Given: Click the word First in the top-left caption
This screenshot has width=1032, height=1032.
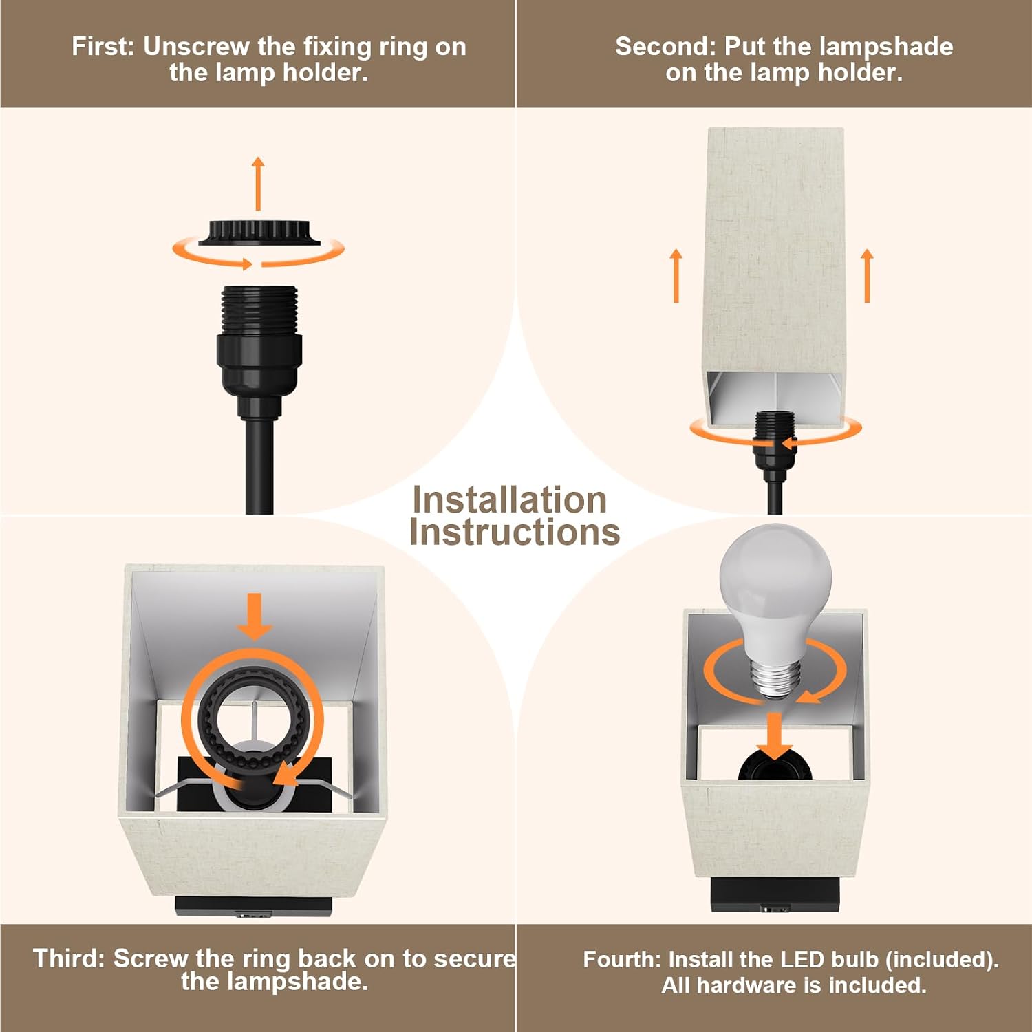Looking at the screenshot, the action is pos(103,47).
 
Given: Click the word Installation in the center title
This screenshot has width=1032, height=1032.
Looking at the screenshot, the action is pos(509,500).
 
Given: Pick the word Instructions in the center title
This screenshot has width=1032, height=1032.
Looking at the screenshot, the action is pos(515,533).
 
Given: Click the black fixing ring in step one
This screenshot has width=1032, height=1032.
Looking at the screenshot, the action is pos(259,233).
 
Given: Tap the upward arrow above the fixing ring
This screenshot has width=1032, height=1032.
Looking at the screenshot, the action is pos(258,184).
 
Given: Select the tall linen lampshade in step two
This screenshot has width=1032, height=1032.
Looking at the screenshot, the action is pos(775,275).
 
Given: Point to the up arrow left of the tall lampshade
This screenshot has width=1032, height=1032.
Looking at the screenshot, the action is pos(676,275).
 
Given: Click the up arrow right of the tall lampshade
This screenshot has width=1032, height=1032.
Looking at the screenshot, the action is pos(867,275).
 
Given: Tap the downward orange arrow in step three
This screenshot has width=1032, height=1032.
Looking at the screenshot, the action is pos(255,616).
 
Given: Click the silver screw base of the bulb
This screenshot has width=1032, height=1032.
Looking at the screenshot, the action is pos(775,678).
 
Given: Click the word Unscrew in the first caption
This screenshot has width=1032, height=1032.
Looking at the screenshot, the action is pos(197,47).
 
